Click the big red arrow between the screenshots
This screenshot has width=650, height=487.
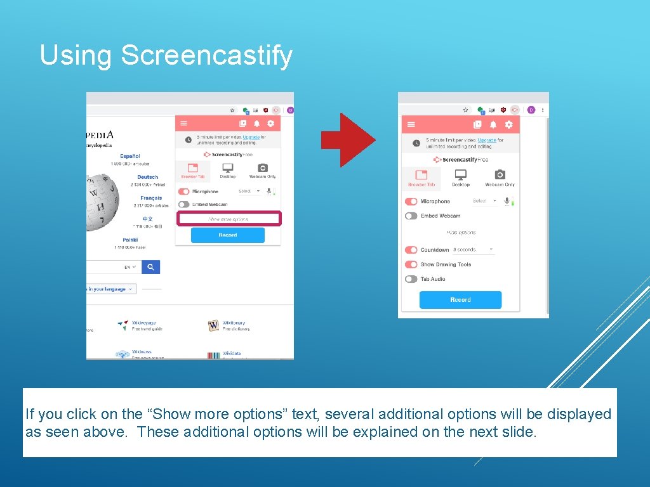tap(347, 140)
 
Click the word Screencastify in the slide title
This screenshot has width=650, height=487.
tap(207, 55)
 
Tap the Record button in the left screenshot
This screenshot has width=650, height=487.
tap(228, 235)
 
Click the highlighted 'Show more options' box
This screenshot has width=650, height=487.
tap(229, 219)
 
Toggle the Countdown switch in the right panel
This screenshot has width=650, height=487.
tap(411, 250)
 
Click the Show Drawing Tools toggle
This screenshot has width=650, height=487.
tap(411, 264)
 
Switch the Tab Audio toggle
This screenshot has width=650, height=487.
tap(411, 279)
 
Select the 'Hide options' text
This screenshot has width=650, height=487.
tap(461, 233)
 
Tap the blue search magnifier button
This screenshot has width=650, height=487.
tap(150, 267)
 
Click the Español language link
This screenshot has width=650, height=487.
tap(129, 156)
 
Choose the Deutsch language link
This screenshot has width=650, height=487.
tap(147, 177)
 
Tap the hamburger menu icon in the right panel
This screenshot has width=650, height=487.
tap(411, 125)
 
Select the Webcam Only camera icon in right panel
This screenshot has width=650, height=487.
tap(500, 174)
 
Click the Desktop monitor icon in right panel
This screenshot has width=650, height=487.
tap(461, 174)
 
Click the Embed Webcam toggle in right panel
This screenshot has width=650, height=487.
tap(411, 216)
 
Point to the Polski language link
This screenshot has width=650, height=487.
tap(130, 240)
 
